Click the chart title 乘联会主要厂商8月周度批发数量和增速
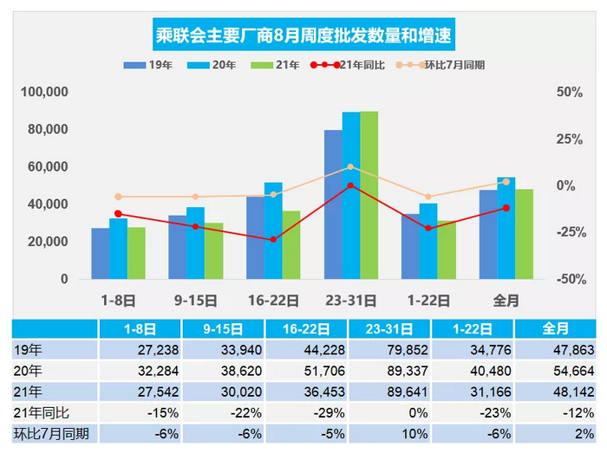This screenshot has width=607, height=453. pyautogui.click(x=303, y=36)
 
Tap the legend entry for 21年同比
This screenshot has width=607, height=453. pyautogui.click(x=346, y=66)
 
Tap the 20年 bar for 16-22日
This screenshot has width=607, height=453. pyautogui.click(x=272, y=230)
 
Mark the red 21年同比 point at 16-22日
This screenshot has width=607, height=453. pyautogui.click(x=273, y=239)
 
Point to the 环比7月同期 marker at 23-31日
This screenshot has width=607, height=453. pyautogui.click(x=350, y=166)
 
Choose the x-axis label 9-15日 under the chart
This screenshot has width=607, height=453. pyautogui.click(x=196, y=301)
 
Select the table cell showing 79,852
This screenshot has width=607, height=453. pyautogui.click(x=389, y=350)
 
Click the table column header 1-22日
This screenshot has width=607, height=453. pyautogui.click(x=473, y=329)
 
